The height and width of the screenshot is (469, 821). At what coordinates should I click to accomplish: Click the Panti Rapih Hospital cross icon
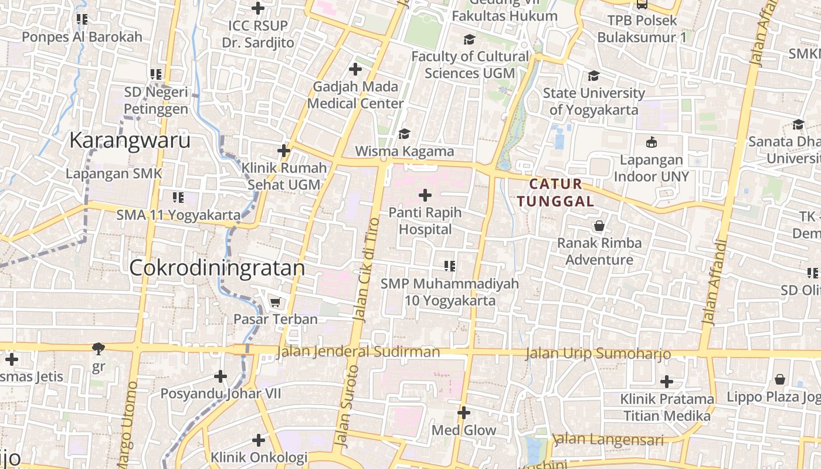tap(425, 195)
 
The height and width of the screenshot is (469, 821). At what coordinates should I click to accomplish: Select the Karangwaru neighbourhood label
tap(130, 141)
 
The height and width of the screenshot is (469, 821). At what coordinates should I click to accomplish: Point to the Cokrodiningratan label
tap(217, 268)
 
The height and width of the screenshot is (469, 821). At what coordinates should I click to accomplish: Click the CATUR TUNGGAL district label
tap(556, 193)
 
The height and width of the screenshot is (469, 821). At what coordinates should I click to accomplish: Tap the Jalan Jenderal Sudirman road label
tap(358, 352)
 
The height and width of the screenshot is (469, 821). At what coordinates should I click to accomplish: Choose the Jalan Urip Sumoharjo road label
tap(598, 354)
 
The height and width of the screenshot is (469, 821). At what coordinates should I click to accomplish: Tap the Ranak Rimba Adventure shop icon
tap(599, 226)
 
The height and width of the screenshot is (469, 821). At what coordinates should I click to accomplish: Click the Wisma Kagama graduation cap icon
tap(404, 134)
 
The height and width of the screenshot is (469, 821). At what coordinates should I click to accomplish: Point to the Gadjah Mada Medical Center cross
tap(355, 69)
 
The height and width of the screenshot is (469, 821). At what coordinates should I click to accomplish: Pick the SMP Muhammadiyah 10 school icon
tap(450, 267)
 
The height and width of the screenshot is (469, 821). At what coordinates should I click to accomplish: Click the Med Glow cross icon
tap(464, 413)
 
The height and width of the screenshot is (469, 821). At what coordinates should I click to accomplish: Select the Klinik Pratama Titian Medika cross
tap(667, 382)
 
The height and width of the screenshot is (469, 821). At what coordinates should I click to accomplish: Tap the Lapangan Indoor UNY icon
tap(651, 142)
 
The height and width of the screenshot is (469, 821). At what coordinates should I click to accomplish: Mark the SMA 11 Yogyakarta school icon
tap(178, 198)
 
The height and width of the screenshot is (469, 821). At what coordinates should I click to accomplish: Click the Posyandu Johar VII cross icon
tap(220, 376)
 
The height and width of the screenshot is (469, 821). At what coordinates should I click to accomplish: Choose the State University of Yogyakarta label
tap(593, 101)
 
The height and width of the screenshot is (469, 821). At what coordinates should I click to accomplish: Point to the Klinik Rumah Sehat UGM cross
tap(284, 151)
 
